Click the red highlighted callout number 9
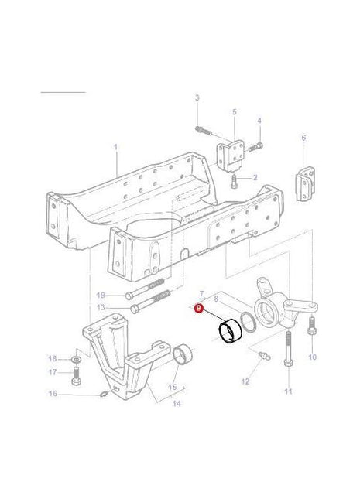click(200, 308)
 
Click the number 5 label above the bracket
click(234, 112)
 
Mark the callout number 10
click(313, 357)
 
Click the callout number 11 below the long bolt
click(288, 392)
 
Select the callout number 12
click(245, 381)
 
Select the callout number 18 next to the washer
click(53, 359)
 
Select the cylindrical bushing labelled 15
click(183, 357)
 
